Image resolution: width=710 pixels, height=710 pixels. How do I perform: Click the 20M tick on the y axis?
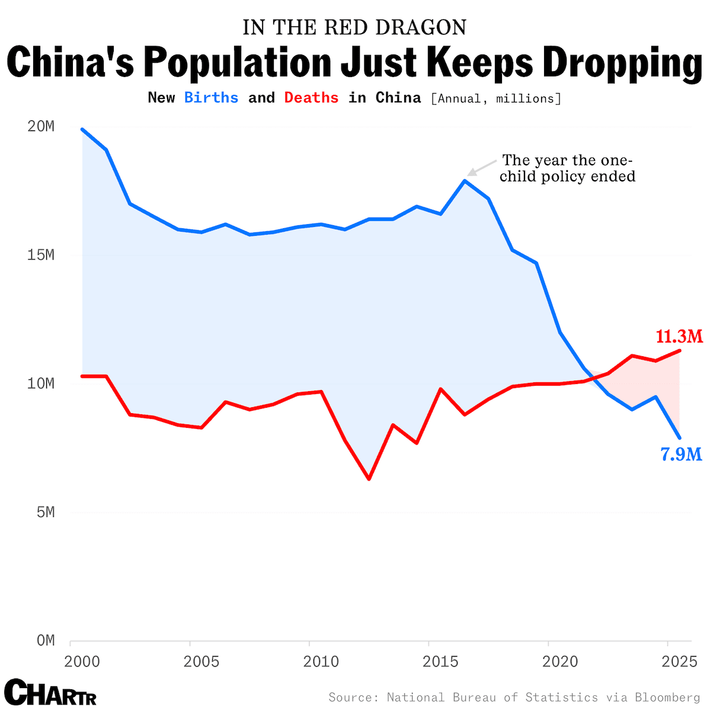click(x=40, y=127)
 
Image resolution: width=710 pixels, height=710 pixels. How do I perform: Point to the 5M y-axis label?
click(x=40, y=512)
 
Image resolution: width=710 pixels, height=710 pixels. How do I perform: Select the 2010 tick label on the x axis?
click(x=321, y=661)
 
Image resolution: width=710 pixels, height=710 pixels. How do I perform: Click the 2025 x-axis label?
click(x=679, y=661)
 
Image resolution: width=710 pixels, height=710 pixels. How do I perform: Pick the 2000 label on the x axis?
click(x=82, y=661)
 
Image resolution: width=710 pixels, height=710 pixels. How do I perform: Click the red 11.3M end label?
click(x=679, y=337)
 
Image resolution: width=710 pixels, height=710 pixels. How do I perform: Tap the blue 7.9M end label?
click(x=681, y=455)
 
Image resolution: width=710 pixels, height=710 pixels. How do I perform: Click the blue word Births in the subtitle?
click(x=211, y=98)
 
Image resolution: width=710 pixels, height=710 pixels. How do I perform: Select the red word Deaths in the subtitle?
click(x=311, y=98)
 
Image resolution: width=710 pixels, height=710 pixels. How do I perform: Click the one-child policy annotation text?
click(x=567, y=168)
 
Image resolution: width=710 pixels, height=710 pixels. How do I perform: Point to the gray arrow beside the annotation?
click(x=481, y=167)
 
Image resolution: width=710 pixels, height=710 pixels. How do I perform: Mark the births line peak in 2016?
click(x=465, y=180)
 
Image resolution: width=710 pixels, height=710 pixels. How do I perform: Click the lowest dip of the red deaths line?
click(x=369, y=479)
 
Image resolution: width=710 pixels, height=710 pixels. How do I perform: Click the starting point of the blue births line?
click(x=82, y=129)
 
